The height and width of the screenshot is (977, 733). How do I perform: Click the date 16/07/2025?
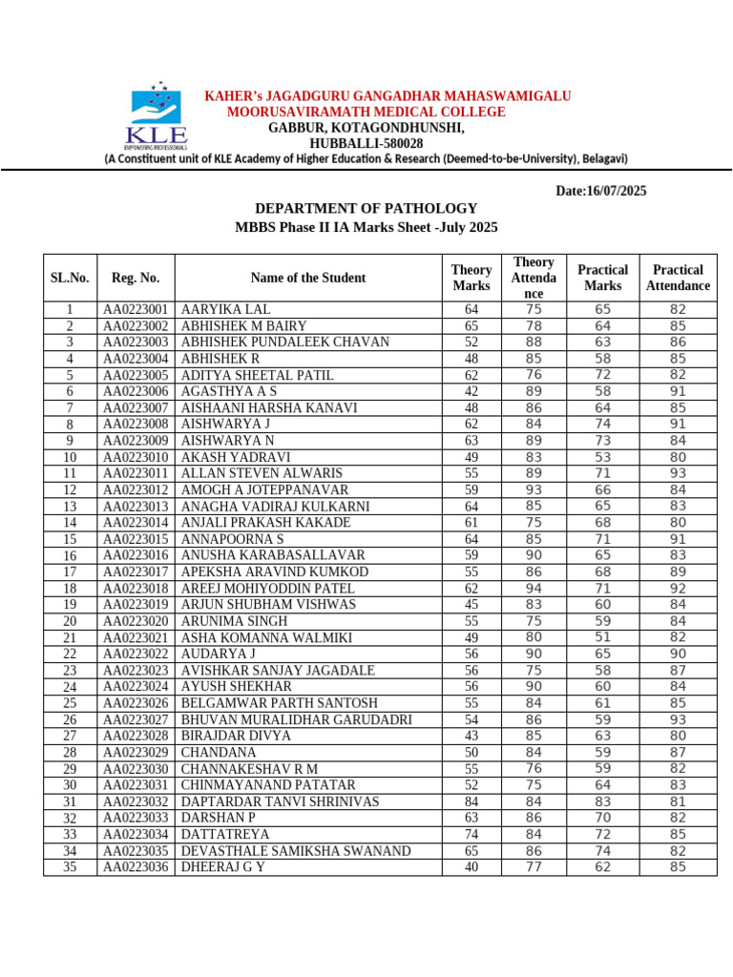pos(600,191)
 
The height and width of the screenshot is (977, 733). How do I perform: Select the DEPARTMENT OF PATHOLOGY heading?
pos(366,208)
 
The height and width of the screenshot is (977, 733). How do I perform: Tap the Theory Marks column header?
pos(471,278)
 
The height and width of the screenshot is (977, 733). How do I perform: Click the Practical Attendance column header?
pos(678,278)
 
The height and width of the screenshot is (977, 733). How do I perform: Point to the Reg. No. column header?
pos(136,278)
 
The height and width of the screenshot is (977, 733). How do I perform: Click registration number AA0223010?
pos(136,457)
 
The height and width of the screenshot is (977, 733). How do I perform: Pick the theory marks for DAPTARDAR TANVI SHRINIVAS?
pos(471,801)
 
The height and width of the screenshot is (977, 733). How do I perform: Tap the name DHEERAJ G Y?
pos(222,867)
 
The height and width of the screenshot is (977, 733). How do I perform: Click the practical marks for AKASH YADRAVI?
pos(603,457)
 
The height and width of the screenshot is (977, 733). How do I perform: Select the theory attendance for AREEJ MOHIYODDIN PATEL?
pos(534,589)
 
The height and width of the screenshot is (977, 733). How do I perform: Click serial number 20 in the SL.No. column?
pos(70,621)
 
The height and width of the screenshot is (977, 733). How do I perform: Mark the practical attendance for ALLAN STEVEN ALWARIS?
pos(678,473)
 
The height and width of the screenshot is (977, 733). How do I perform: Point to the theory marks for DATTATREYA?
pos(471,834)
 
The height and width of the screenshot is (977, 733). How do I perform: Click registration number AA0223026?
pos(136,703)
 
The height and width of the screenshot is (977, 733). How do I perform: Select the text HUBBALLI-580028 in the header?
pos(366,143)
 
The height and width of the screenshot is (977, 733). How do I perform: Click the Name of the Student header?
pos(307,278)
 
